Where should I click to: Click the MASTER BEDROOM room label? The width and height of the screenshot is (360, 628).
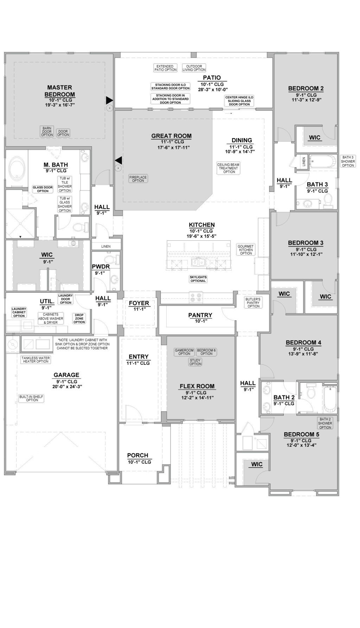[x=59, y=91]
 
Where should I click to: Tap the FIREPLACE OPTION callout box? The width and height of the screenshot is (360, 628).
[x=138, y=179]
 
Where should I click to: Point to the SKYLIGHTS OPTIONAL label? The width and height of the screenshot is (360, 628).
[x=198, y=279]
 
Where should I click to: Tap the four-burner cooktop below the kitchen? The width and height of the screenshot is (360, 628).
[x=195, y=297]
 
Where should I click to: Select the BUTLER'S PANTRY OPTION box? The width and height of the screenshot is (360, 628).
[x=253, y=303]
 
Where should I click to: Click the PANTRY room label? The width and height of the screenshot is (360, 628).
[x=200, y=315]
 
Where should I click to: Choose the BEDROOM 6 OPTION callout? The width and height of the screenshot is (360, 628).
[x=206, y=352]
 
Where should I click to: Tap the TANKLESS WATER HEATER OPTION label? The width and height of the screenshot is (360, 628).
[x=36, y=360]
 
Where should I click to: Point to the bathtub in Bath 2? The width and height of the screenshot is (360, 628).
[x=330, y=399]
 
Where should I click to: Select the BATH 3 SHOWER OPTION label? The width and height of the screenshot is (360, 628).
[x=348, y=161]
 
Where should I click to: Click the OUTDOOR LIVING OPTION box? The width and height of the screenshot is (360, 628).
[x=194, y=68]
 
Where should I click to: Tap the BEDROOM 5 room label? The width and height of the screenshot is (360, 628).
[x=301, y=434]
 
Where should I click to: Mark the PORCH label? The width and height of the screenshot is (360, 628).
[x=137, y=455]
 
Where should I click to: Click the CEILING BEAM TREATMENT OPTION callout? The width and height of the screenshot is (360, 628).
[x=229, y=168]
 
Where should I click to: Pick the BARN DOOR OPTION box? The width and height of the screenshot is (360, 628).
[x=47, y=131]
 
